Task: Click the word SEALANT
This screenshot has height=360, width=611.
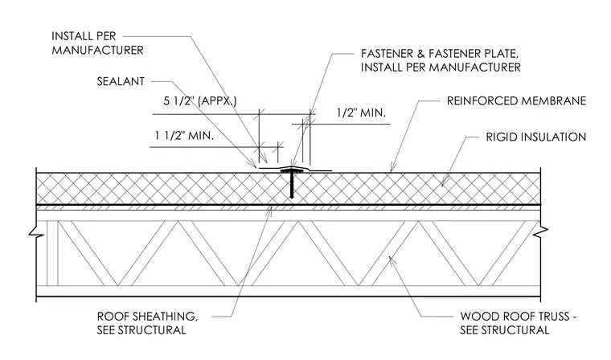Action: (x=121, y=81)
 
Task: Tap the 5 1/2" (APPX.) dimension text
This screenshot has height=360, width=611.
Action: (x=200, y=101)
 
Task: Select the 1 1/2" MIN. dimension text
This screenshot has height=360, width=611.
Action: (x=184, y=136)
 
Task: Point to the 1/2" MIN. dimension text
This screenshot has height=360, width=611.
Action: (x=361, y=113)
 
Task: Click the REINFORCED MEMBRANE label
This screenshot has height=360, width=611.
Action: (x=516, y=101)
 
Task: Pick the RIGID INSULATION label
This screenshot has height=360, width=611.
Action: (x=535, y=137)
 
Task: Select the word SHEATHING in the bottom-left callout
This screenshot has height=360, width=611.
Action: (x=166, y=317)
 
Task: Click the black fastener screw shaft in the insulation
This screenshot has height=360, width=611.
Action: (x=292, y=185)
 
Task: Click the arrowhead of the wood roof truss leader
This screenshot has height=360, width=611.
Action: (x=392, y=259)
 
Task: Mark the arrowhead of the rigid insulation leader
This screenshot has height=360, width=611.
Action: (x=444, y=182)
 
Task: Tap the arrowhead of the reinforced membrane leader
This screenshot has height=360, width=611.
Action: (x=392, y=170)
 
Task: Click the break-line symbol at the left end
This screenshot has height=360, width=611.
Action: (x=35, y=233)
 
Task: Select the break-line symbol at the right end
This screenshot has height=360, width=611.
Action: (x=541, y=231)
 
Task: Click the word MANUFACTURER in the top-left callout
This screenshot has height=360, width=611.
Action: (x=98, y=51)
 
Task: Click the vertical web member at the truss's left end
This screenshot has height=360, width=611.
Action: (x=52, y=253)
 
